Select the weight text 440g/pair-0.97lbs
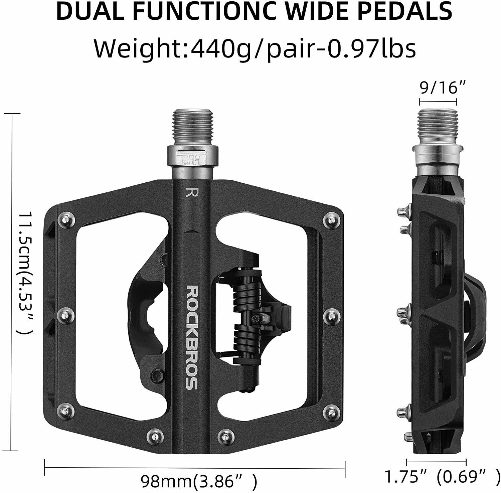point(302,48)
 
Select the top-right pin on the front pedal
point(331,220)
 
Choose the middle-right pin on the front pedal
point(331,314)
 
